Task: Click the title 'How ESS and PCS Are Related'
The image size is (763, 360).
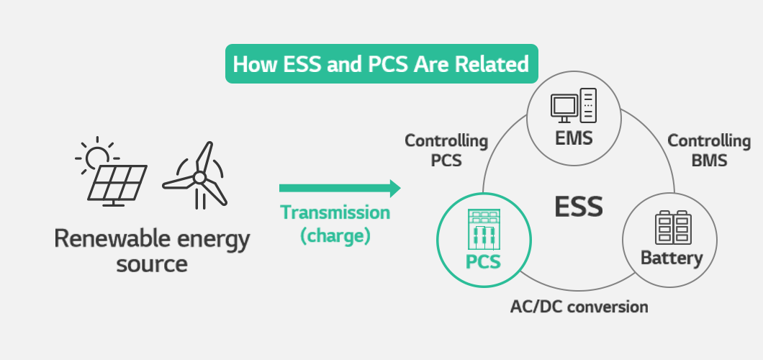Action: (x=381, y=64)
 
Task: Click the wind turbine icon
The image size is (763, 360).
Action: (x=197, y=176)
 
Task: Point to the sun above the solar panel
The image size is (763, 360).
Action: (x=97, y=157)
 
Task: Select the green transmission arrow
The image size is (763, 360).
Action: (x=340, y=188)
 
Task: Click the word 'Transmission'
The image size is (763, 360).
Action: (x=335, y=212)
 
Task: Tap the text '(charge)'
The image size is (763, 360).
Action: (x=335, y=236)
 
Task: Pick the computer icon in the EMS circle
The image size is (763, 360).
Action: (x=574, y=106)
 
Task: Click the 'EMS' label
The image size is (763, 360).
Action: (x=574, y=138)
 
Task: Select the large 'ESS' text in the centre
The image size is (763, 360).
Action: (x=579, y=207)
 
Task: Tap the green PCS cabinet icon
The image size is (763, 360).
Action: (x=484, y=229)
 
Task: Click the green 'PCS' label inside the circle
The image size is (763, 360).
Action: (x=483, y=262)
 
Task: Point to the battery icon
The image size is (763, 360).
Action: (x=673, y=228)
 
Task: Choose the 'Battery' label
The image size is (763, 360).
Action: (x=672, y=258)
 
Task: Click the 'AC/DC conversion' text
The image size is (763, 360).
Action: (x=579, y=307)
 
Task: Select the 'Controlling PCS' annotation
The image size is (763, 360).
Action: (x=446, y=150)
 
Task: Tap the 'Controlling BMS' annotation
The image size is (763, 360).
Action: (x=709, y=150)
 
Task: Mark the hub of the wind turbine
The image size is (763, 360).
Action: (x=199, y=178)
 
